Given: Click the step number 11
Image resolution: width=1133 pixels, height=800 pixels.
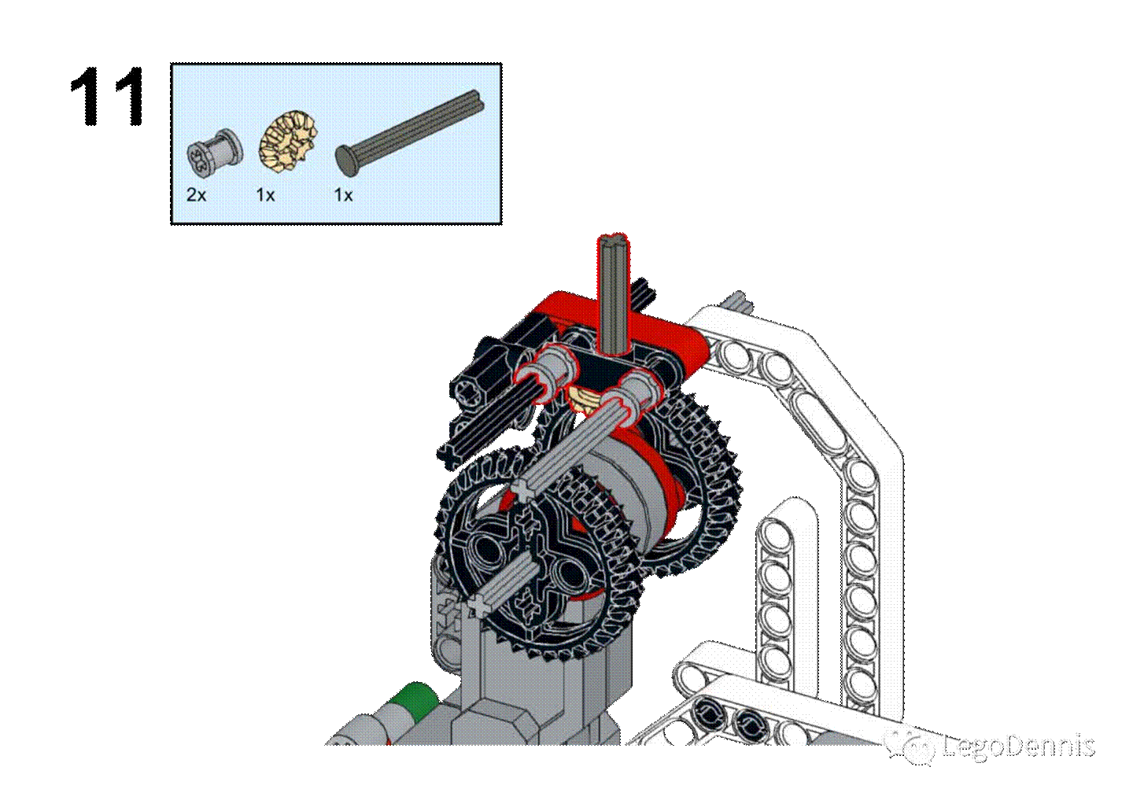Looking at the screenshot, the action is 108,96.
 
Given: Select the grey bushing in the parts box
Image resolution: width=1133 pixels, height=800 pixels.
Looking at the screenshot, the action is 215,153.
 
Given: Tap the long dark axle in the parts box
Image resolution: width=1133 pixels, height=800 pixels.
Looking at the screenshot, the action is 410,133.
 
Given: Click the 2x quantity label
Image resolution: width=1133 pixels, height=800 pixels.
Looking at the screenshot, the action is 196,195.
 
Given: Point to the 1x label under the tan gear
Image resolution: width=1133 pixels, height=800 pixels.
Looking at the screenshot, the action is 265,195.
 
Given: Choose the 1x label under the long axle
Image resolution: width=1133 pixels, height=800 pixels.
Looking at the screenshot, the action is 343,195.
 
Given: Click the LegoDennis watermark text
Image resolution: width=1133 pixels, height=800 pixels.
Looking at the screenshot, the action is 1018,746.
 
